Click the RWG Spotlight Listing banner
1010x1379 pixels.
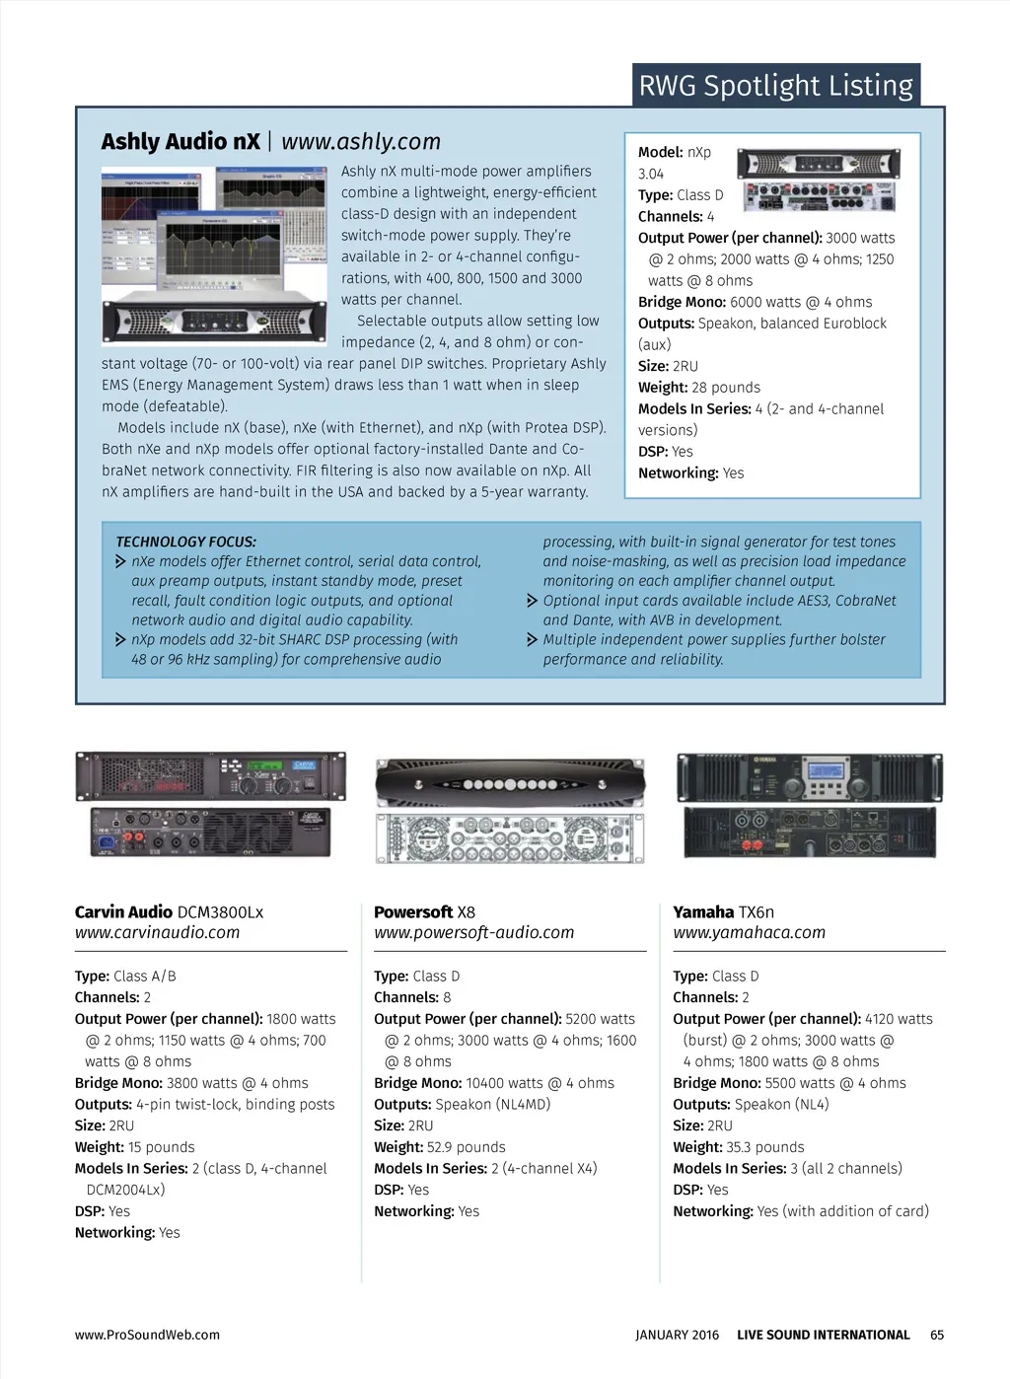click(x=775, y=86)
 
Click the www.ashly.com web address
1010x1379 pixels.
click(x=361, y=142)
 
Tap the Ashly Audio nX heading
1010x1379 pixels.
click(x=180, y=142)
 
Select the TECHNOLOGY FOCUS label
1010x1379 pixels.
click(x=186, y=542)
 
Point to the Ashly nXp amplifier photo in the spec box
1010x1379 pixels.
click(x=819, y=181)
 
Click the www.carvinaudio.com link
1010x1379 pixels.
click(x=158, y=932)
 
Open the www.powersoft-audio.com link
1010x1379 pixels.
click(x=473, y=932)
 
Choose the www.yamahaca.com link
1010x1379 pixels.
click(x=750, y=932)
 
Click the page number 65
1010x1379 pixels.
click(x=937, y=1335)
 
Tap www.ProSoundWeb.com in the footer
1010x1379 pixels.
click(x=147, y=1335)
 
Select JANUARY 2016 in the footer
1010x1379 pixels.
click(x=678, y=1335)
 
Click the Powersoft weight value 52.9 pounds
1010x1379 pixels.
click(x=467, y=1147)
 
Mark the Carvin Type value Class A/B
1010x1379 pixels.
click(x=145, y=977)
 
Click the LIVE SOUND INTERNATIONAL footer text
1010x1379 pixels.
click(x=824, y=1335)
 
